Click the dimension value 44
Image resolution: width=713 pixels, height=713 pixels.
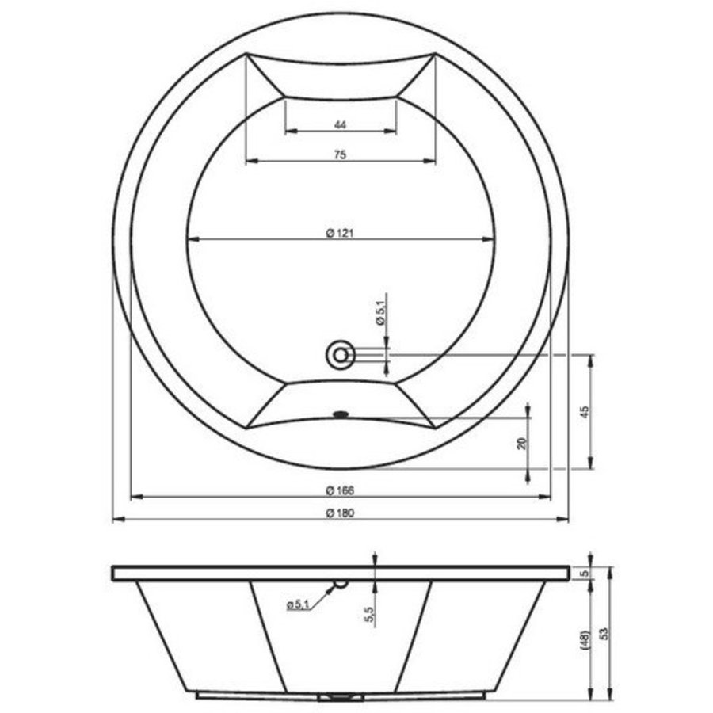tap(340, 124)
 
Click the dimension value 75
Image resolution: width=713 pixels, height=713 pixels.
tap(340, 155)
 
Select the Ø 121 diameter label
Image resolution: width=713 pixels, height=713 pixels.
tap(340, 233)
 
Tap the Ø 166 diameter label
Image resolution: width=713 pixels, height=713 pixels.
tap(340, 490)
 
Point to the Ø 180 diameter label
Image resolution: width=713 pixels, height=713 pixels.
tap(340, 513)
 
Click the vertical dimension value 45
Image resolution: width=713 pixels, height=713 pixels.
tap(585, 412)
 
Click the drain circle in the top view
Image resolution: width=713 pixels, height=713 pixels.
tap(341, 354)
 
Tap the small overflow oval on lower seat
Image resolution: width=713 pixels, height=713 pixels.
tap(341, 412)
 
